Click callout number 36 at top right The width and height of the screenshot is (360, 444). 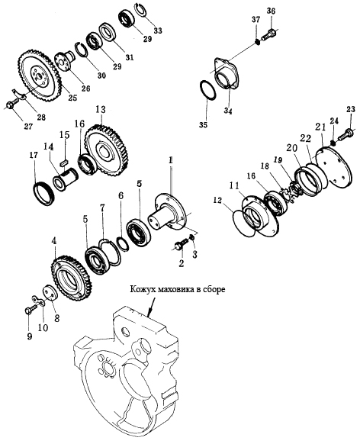[271, 11]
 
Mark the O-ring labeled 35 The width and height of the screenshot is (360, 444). [207, 91]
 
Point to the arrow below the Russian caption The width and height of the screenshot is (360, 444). [152, 305]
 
